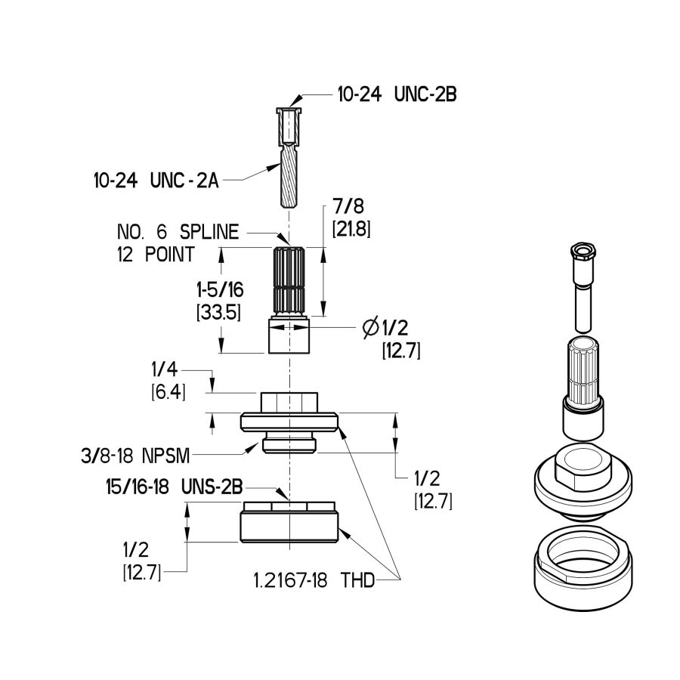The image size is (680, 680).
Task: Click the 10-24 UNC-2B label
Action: point(397,97)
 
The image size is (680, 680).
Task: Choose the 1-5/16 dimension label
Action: point(218,289)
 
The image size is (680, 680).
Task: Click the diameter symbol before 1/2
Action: point(369,327)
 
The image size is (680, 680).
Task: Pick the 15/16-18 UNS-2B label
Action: point(173,488)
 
